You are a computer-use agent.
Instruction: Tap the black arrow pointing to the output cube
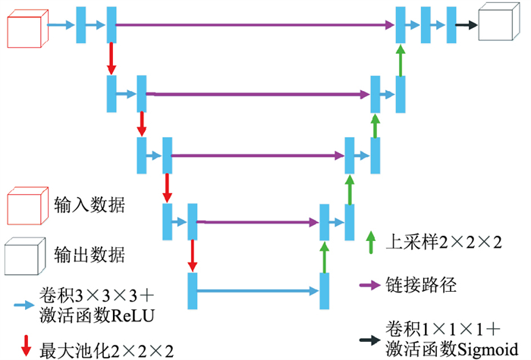coord(466,24)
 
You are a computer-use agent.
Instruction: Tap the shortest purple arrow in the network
coord(259,222)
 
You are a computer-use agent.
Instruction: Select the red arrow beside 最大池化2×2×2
coord(27,347)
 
